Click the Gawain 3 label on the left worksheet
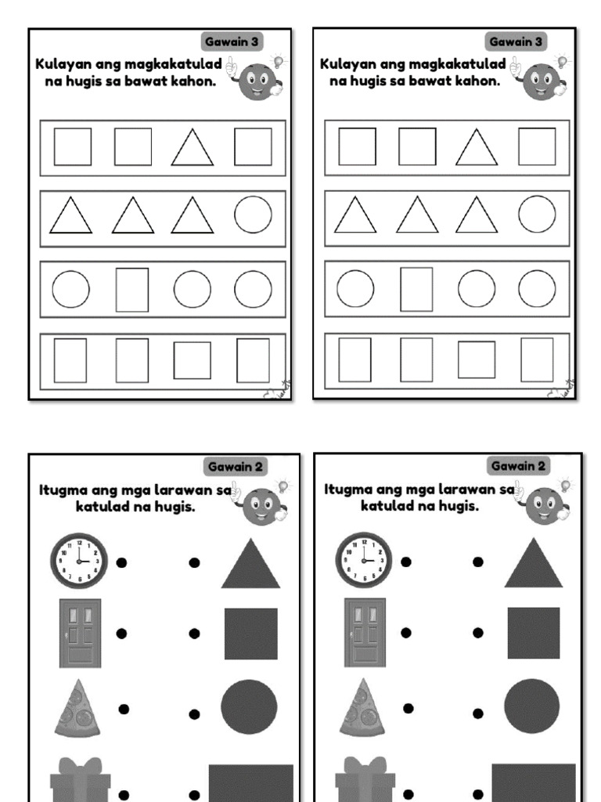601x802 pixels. (x=232, y=42)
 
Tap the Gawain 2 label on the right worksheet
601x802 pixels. (x=518, y=466)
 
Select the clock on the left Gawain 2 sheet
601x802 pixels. (x=79, y=561)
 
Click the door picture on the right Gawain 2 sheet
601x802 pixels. (x=365, y=632)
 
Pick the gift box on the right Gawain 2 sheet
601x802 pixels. (x=365, y=779)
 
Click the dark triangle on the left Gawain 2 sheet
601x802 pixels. (x=250, y=563)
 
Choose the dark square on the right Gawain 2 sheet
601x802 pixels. (x=534, y=633)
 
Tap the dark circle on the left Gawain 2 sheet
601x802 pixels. (x=249, y=707)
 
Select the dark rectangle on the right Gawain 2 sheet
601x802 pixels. (x=534, y=782)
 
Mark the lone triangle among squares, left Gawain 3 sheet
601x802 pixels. (x=193, y=147)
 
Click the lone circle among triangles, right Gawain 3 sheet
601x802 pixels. (x=537, y=215)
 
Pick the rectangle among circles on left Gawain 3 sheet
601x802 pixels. (x=132, y=290)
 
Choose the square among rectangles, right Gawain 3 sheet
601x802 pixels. (x=477, y=359)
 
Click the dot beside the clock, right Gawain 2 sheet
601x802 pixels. (x=406, y=562)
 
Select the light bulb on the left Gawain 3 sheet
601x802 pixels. (x=279, y=61)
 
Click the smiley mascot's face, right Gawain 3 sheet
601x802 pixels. (x=542, y=81)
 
